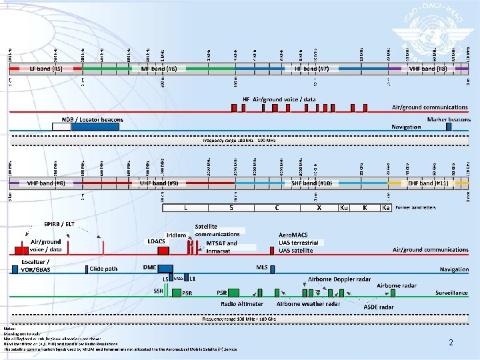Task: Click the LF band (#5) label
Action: point(45,69)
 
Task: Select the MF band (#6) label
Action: point(158,69)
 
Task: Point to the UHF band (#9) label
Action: point(158,183)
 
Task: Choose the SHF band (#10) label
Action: point(312,183)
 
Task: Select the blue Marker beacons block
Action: point(449,127)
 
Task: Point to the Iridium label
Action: point(176,235)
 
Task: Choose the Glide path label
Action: point(103,269)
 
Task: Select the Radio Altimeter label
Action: point(243,303)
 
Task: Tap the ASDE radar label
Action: point(378,307)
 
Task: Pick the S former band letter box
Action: point(231,208)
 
